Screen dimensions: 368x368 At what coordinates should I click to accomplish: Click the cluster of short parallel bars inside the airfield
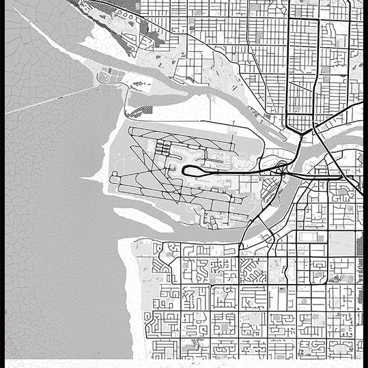tap(164, 147)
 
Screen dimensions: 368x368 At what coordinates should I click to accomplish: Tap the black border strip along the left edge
tap(2, 184)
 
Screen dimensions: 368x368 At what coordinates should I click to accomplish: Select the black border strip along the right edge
tap(365, 184)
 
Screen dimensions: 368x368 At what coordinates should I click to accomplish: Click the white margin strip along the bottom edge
tap(184, 363)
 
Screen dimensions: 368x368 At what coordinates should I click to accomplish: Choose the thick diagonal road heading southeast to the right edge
tap(345, 171)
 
